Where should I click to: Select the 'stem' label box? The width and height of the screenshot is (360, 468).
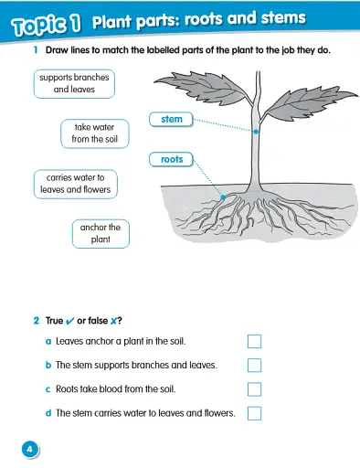coord(171,119)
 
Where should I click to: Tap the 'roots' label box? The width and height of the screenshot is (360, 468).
coord(171,159)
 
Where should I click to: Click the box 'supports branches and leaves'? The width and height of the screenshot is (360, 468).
coord(74,84)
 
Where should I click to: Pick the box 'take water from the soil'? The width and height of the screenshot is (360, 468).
coord(94,133)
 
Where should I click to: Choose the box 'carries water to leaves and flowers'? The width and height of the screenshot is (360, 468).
coord(75,184)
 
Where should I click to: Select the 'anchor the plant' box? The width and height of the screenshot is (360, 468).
coord(101,233)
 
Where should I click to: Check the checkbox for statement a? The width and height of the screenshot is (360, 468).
coord(255,342)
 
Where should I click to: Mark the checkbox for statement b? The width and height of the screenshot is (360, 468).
coord(255,366)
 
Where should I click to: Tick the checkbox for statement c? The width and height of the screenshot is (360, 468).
coord(255,389)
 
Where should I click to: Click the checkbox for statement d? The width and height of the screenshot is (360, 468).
coord(255,413)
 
